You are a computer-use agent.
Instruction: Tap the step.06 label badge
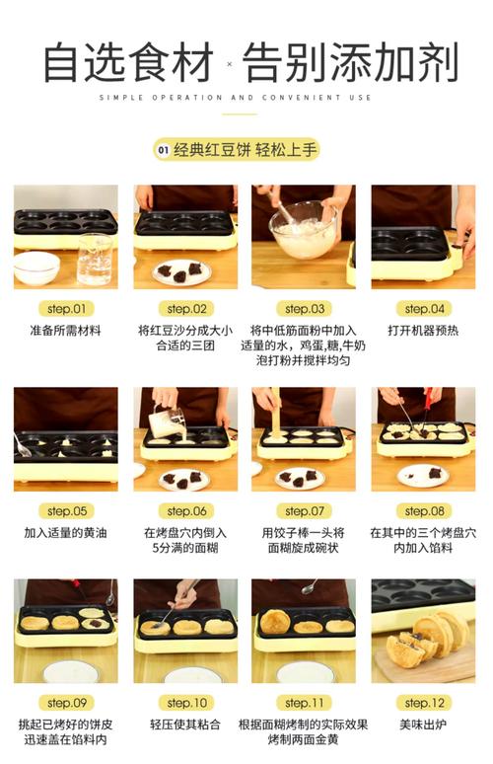(186, 511)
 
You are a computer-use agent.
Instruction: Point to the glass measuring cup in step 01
(95, 259)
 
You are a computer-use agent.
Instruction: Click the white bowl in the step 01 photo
(36, 267)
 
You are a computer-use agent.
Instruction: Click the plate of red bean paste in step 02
(182, 271)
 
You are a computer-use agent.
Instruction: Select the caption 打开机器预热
(423, 331)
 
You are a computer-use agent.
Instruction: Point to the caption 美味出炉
(423, 725)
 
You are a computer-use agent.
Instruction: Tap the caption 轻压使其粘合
(186, 725)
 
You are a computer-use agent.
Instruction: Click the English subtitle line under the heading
(236, 98)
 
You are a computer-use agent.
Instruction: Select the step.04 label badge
(423, 309)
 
